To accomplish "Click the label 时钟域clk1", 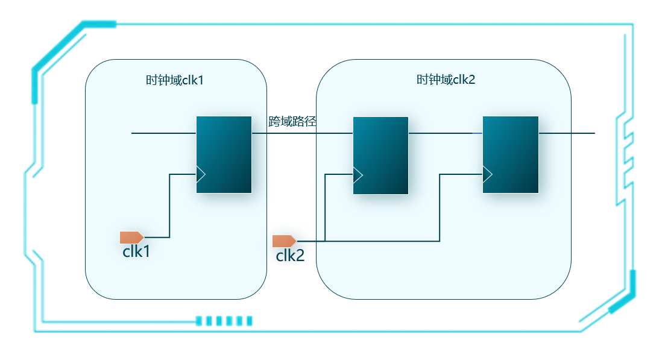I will (x=175, y=80).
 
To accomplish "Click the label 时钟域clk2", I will (x=446, y=80).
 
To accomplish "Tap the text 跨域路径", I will (x=292, y=122).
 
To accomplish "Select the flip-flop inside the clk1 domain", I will (x=224, y=154).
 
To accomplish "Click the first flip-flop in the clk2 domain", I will (x=380, y=156).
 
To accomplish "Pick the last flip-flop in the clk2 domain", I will (x=510, y=154).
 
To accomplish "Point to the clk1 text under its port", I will (x=136, y=252).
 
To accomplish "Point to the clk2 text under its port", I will (x=290, y=256).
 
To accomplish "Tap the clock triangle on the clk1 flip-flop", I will (x=201, y=174).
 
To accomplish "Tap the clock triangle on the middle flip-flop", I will (x=358, y=175).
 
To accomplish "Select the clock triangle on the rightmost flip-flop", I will (x=487, y=174).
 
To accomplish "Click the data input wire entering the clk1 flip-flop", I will (x=163, y=133).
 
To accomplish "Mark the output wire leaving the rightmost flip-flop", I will (x=566, y=133).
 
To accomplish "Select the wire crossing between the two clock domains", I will (x=301, y=133).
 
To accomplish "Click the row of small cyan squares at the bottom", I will (x=224, y=321).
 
